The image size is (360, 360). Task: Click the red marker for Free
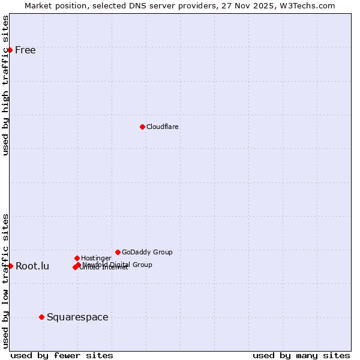click(10, 50)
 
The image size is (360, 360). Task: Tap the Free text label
click(25, 50)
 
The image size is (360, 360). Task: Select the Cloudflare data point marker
click(142, 127)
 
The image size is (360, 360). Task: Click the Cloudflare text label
click(162, 127)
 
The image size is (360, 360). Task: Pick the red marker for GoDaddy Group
click(118, 252)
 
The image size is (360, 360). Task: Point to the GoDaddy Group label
click(147, 252)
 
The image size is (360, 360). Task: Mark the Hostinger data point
click(77, 258)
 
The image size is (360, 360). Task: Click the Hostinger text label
click(96, 258)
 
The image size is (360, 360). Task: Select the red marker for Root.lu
click(10, 266)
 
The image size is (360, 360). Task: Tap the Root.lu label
click(32, 266)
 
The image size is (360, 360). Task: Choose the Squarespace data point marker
click(41, 317)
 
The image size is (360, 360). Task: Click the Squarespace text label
click(77, 317)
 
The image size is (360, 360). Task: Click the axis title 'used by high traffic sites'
click(5, 85)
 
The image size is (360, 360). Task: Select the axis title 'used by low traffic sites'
click(5, 281)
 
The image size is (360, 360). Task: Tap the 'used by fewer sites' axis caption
click(62, 355)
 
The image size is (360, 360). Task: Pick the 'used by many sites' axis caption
click(301, 355)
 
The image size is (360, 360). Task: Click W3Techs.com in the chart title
click(310, 5)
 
